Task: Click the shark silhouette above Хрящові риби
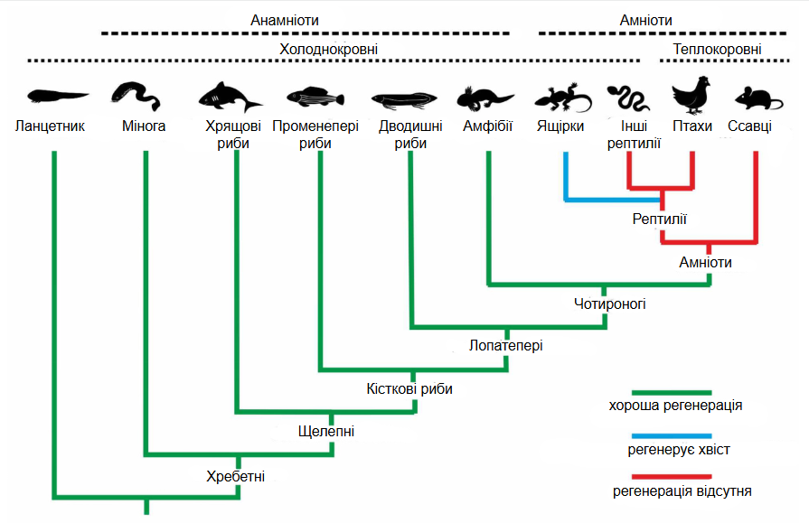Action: click(228, 97)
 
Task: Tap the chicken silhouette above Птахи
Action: click(691, 96)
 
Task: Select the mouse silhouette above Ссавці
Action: click(757, 98)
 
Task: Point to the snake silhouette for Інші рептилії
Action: click(628, 98)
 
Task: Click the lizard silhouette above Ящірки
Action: click(562, 98)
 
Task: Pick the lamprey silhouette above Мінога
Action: click(136, 96)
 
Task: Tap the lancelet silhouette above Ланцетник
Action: click(57, 96)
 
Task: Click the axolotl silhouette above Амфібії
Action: click(484, 98)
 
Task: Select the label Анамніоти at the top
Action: click(285, 20)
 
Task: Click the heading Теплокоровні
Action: click(717, 49)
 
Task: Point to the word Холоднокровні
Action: click(329, 49)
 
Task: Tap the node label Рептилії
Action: click(659, 219)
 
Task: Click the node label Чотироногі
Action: click(610, 304)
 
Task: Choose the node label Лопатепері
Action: click(505, 345)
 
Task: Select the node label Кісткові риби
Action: click(409, 388)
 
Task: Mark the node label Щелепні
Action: click(326, 431)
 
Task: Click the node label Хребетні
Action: click(235, 476)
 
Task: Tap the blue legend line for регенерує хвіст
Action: click(672, 436)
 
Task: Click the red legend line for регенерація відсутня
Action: click(672, 477)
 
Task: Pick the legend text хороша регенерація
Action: click(675, 406)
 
